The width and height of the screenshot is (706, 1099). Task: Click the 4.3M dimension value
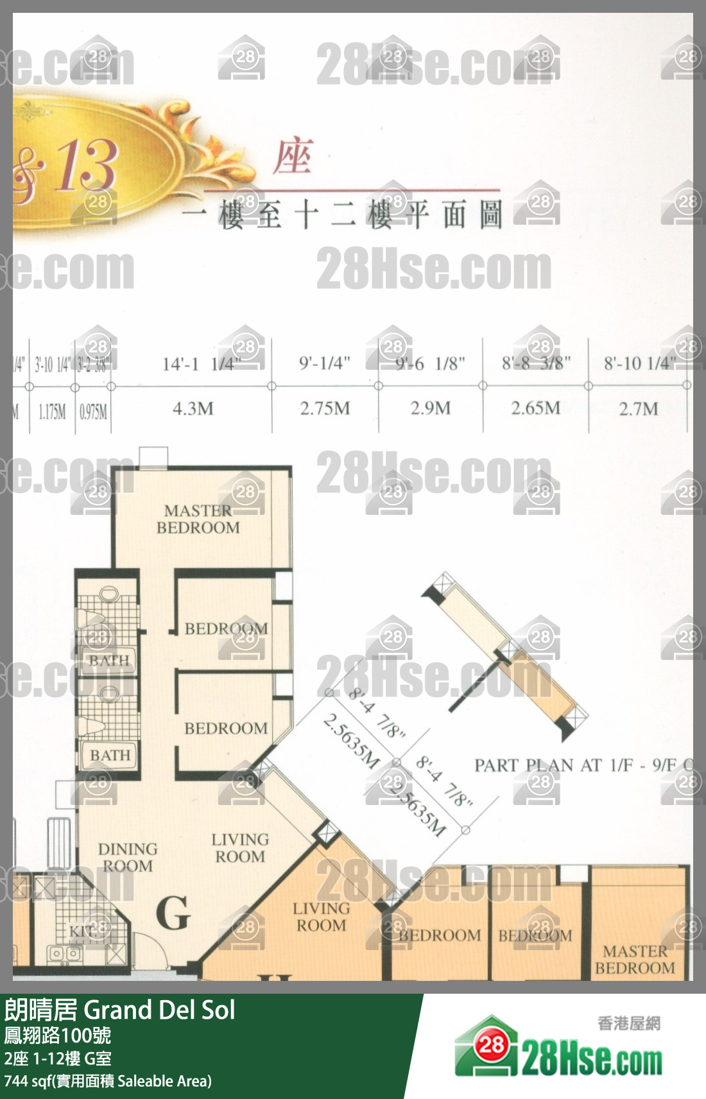pos(193,409)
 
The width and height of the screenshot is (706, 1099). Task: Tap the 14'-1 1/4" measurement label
pos(200,365)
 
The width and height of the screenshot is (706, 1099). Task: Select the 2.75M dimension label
pos(325,409)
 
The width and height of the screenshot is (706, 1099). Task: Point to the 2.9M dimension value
pos(431,408)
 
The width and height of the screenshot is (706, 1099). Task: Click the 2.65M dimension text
pos(535,408)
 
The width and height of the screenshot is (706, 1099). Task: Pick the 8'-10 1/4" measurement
pos(639,364)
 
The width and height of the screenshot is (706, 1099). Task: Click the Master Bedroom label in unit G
pos(198,519)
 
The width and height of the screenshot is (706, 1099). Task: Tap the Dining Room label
pos(128,858)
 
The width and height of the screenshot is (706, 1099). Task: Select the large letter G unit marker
pos(173,913)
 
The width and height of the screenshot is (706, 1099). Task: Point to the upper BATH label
pos(109,661)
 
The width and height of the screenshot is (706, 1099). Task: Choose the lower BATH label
pos(110,756)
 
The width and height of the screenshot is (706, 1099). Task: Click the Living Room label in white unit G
pos(240,848)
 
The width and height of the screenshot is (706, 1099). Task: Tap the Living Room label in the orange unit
pos(321,917)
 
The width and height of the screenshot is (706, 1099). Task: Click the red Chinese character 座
pos(293,158)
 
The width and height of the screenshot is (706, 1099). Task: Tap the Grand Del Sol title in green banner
pos(159,1010)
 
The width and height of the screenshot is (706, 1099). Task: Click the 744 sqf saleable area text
pos(107,1081)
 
